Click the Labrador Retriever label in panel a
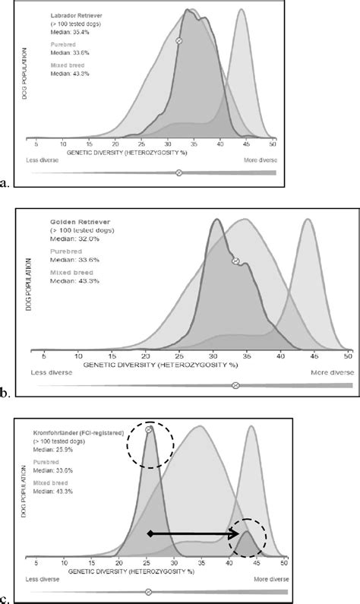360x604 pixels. (x=65, y=15)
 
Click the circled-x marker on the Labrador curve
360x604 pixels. (x=178, y=40)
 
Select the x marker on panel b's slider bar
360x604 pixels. (x=235, y=385)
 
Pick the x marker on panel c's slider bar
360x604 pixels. (x=148, y=591)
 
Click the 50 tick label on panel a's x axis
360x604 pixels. (x=273, y=142)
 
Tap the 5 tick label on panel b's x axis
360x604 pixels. (x=43, y=355)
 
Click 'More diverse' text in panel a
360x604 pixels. (x=260, y=160)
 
